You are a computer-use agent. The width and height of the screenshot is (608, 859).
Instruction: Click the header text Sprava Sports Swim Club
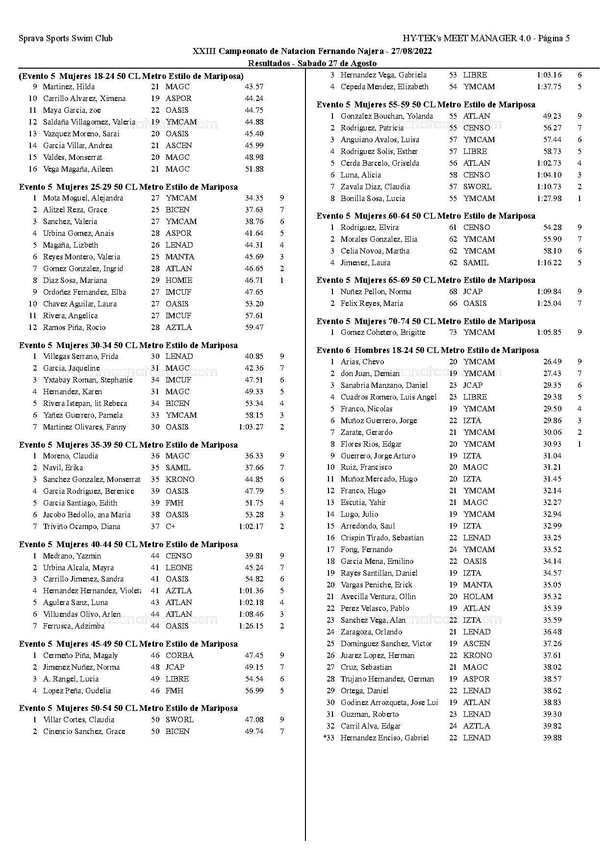tap(66, 38)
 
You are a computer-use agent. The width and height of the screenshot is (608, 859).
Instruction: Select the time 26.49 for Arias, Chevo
tap(552, 362)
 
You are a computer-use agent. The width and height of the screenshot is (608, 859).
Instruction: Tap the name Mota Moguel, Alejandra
tap(83, 198)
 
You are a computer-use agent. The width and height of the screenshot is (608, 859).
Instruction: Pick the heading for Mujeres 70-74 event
tap(426, 322)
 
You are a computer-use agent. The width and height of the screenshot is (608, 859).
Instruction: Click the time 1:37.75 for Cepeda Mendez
tap(549, 87)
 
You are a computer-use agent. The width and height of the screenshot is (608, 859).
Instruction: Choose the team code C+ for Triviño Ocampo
tap(170, 527)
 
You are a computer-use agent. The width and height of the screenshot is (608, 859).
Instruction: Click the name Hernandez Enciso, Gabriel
tap(384, 738)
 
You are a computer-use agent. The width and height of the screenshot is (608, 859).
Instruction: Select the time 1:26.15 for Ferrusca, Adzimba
tap(251, 626)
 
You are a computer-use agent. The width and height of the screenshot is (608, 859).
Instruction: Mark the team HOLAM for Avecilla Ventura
tap(478, 597)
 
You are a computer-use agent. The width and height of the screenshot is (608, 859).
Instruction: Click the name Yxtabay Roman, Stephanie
tap(88, 380)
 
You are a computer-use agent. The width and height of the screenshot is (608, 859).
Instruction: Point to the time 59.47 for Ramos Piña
tap(254, 328)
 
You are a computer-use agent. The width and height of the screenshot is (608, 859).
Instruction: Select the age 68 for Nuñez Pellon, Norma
tap(453, 292)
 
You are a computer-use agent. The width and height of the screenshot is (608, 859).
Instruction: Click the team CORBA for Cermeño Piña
tap(179, 656)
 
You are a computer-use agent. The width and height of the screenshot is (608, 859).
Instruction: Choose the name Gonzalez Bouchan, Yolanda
tap(387, 116)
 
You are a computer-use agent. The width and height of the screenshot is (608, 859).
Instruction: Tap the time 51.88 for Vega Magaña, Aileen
tap(254, 169)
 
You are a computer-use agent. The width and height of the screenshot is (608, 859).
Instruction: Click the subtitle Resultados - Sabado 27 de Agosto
tap(312, 63)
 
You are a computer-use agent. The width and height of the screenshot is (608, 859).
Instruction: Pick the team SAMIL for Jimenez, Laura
tap(476, 263)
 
